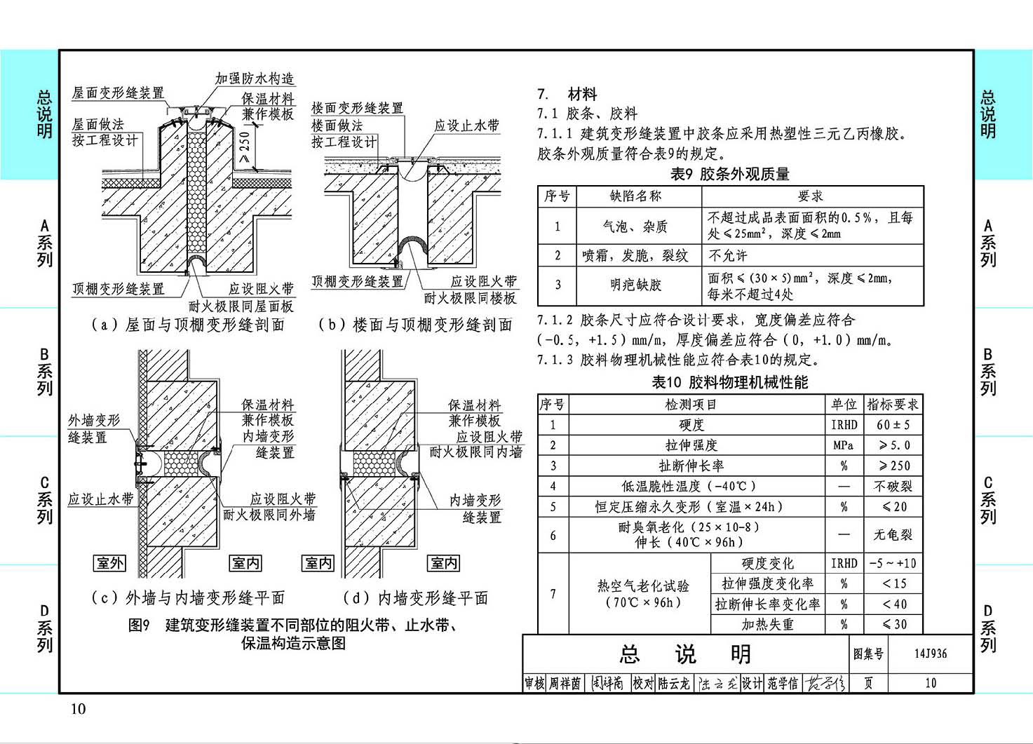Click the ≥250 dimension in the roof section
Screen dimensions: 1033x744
245,147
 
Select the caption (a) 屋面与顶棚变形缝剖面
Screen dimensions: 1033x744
188,325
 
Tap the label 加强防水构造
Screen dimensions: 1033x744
255,79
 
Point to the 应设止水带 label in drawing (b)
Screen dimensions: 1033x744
466,126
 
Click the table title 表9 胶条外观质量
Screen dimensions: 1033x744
729,174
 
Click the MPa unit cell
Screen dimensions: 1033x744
844,445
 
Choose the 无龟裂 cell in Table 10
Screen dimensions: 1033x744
893,534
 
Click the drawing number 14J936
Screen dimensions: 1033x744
931,654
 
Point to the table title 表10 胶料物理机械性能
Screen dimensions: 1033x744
729,382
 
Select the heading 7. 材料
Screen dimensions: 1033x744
567,94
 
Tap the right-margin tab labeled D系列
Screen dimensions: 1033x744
988,629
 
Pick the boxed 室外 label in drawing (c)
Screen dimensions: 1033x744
109,562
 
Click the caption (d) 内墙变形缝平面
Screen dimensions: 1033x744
415,598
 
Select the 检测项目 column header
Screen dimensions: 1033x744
690,405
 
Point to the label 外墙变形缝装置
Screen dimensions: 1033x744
93,428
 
